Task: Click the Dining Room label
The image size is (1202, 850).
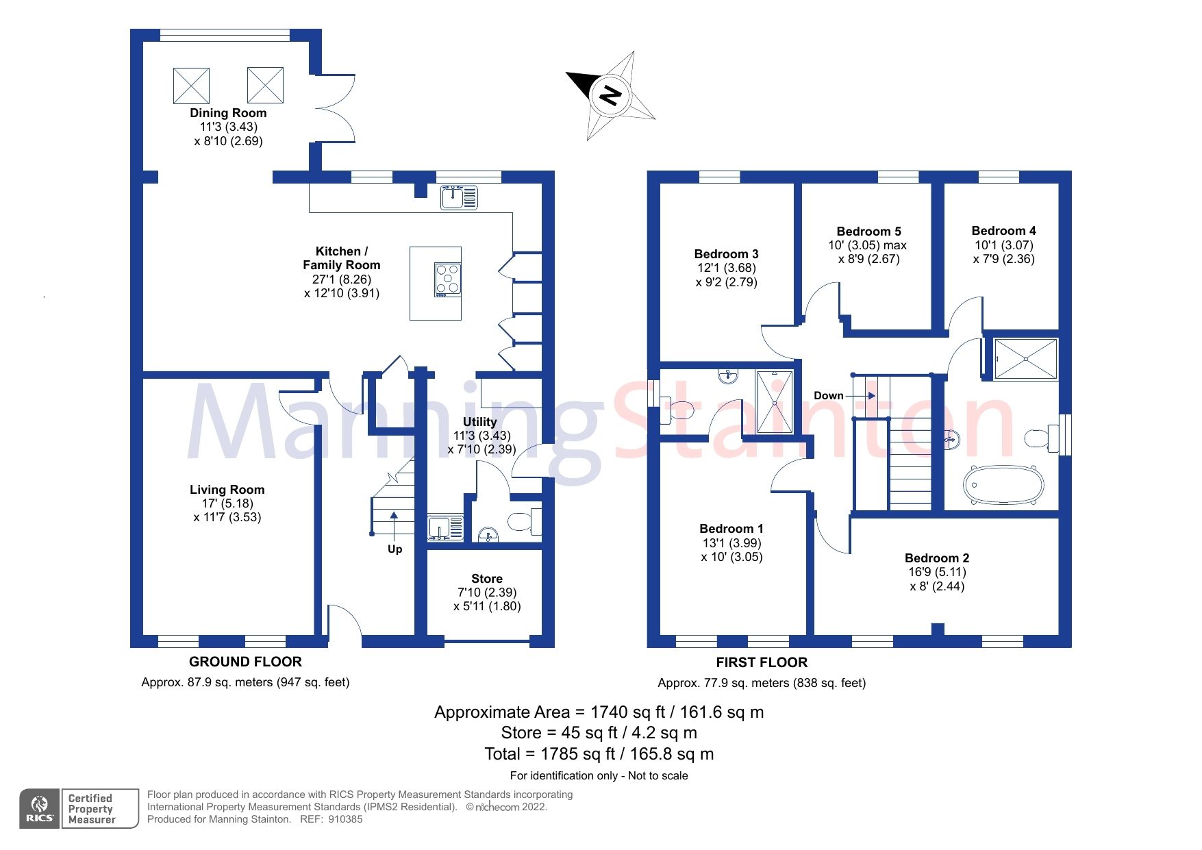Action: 228,113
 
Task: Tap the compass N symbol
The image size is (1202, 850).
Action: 610,95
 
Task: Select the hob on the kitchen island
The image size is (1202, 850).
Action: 447,279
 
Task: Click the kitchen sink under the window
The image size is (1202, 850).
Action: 459,197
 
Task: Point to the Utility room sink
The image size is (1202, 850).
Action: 445,528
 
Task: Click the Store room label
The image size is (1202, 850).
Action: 486,579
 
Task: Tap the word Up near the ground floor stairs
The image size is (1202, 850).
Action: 395,549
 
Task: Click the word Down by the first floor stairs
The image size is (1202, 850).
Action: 828,396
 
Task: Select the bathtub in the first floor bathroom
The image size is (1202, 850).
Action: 1003,484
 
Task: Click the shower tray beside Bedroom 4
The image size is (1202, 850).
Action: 1025,358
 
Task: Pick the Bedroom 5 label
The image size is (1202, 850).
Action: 868,232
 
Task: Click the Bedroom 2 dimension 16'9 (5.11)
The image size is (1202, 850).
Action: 937,572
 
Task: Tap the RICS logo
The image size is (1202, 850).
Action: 40,808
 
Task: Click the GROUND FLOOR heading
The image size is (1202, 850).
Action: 245,662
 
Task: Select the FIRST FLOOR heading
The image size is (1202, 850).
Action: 762,662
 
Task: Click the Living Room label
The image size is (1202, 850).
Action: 227,490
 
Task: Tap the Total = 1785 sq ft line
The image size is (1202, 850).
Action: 599,754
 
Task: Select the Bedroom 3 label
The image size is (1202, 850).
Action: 726,254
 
